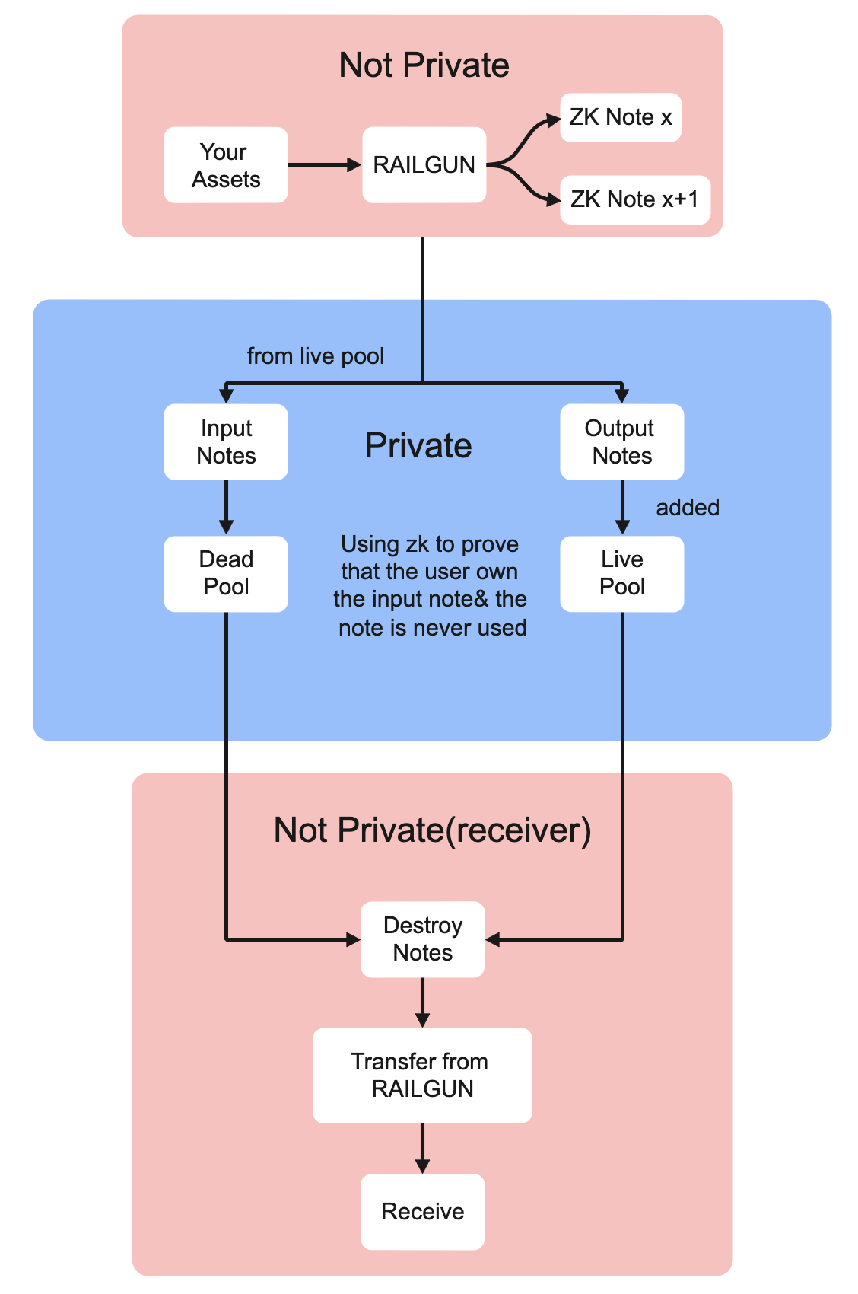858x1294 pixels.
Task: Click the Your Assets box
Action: tap(225, 165)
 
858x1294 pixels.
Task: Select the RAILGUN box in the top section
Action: tap(424, 165)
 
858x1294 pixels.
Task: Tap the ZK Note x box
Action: tap(620, 117)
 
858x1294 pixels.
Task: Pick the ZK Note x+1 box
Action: tap(634, 199)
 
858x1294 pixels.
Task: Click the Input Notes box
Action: tap(225, 441)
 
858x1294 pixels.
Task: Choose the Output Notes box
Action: tap(621, 441)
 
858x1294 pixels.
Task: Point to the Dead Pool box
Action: tap(225, 573)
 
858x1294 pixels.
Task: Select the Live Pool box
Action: tap(621, 573)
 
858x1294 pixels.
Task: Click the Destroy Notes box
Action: tap(422, 939)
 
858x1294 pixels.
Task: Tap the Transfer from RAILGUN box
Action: tap(422, 1075)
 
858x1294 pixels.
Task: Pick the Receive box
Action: tap(422, 1211)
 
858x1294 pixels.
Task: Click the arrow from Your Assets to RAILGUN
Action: tap(324, 164)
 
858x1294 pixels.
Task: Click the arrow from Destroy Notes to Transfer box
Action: tap(422, 1002)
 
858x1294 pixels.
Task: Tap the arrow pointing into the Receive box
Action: tap(422, 1148)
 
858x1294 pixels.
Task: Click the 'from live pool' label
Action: tap(316, 356)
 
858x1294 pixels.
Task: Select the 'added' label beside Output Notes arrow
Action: tap(688, 508)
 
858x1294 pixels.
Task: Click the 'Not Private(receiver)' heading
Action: tap(432, 830)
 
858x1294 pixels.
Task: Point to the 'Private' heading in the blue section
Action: tap(418, 446)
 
